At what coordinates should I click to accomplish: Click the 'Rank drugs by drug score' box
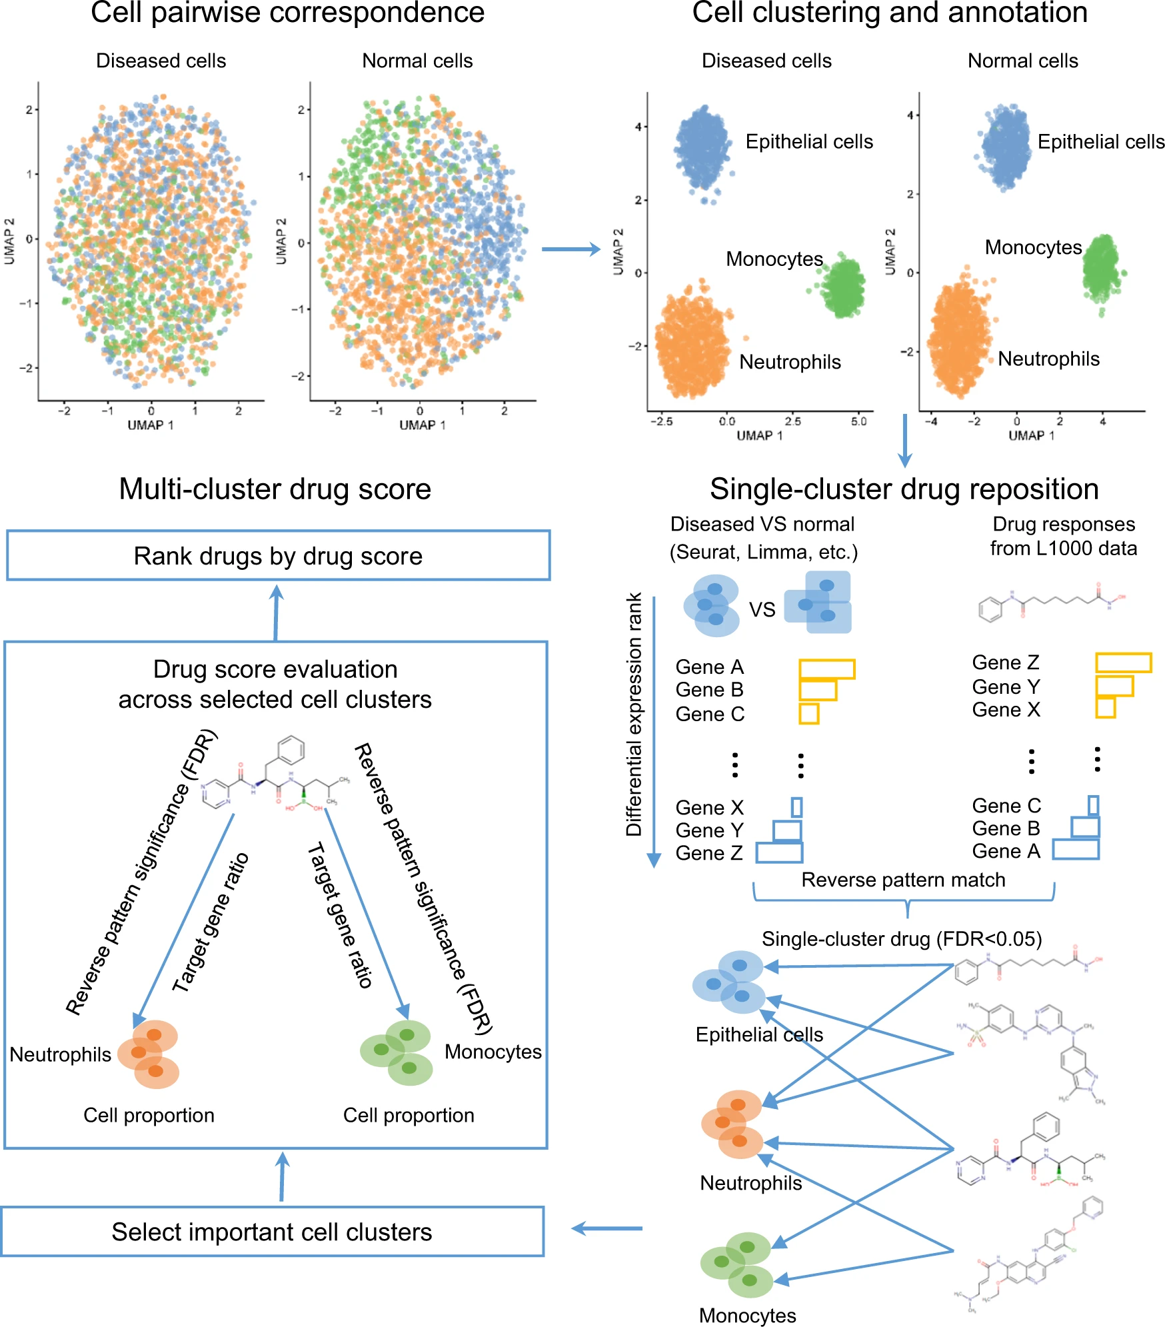[x=278, y=556]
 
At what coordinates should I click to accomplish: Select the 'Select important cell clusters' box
[x=272, y=1232]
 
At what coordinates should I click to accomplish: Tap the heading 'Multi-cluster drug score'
[x=275, y=489]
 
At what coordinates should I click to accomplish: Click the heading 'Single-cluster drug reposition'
[x=904, y=489]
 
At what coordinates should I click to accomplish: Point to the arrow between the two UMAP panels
[x=571, y=249]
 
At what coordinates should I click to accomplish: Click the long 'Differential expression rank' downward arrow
[x=654, y=733]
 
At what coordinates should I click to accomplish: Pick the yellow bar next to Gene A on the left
[x=826, y=668]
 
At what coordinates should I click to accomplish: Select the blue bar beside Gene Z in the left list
[x=779, y=852]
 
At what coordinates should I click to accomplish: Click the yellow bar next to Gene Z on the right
[x=1123, y=663]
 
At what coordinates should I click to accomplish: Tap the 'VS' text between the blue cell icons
[x=762, y=610]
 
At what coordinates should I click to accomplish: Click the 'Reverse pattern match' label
[x=903, y=880]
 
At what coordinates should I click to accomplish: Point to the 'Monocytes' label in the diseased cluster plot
[x=774, y=259]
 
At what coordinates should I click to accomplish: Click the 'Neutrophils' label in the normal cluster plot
[x=1048, y=359]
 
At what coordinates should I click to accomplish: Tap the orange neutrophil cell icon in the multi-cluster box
[x=149, y=1054]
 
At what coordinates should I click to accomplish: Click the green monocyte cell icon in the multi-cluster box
[x=397, y=1052]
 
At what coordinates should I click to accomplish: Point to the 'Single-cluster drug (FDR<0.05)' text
[x=902, y=939]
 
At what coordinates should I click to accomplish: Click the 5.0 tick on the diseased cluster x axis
[x=858, y=421]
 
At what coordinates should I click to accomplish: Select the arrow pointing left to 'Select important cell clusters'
[x=606, y=1228]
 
